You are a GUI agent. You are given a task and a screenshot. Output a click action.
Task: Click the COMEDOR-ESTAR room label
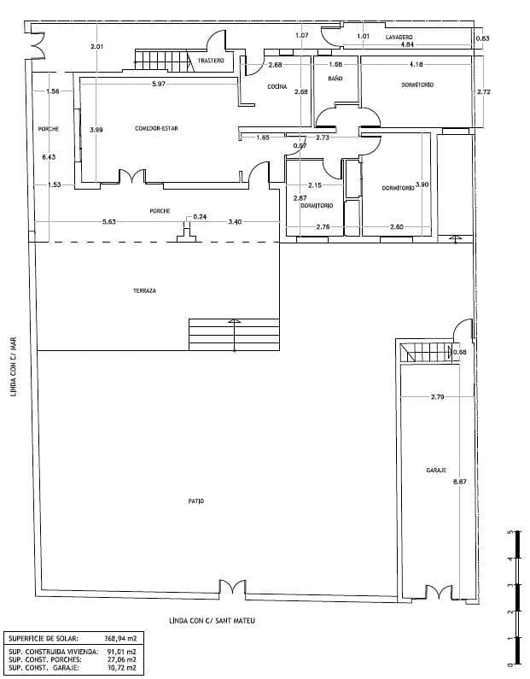point(156,129)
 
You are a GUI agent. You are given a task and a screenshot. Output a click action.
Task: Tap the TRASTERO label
point(211,61)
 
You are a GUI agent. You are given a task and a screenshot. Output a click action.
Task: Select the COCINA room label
point(277,86)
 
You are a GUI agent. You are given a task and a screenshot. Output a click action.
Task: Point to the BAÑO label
point(335,79)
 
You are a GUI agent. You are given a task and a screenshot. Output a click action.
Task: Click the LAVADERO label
point(399,38)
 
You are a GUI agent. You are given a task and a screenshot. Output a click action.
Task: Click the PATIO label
point(196,500)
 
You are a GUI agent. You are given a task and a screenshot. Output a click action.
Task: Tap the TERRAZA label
point(144,290)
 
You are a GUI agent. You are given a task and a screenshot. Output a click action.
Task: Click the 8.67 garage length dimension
point(459,482)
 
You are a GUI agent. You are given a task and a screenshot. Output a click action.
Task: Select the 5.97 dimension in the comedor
point(159,84)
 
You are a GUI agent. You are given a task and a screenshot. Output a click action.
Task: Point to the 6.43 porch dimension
point(48,157)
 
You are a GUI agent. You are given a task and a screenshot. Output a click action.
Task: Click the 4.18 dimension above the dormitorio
point(416,65)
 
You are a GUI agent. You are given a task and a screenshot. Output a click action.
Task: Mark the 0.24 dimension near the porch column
point(200,217)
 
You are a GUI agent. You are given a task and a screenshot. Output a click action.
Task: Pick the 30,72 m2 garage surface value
point(120,667)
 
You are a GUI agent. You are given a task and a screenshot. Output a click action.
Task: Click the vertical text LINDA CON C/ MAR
point(13,365)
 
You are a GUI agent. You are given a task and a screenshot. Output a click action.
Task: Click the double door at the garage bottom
point(437,591)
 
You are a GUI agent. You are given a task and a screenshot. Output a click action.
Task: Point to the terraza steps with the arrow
point(233,334)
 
